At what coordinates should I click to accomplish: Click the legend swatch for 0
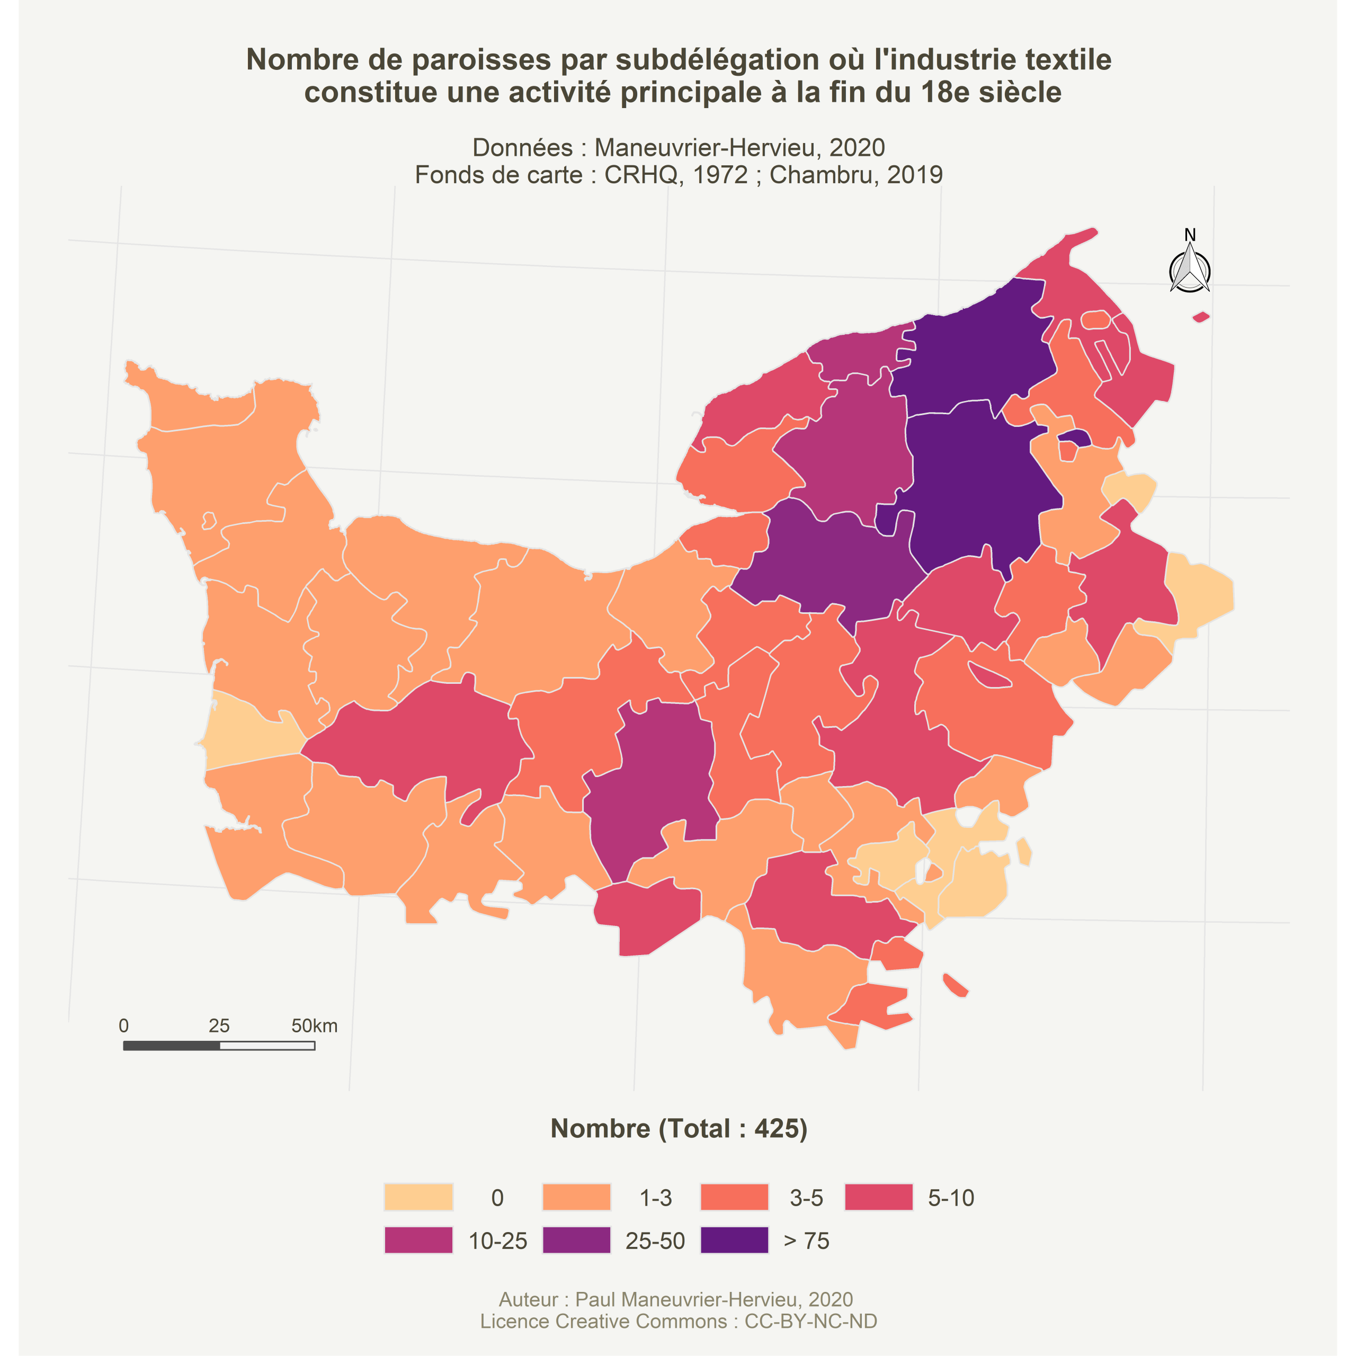[418, 1197]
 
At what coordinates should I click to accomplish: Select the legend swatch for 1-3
[576, 1197]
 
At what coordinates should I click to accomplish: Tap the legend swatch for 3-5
[734, 1197]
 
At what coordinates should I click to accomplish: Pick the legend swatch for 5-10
[879, 1197]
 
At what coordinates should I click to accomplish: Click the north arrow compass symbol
[1190, 270]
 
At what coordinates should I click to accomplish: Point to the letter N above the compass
[1190, 235]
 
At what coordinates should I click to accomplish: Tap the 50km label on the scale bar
[315, 1026]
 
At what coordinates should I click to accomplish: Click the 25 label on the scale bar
[219, 1026]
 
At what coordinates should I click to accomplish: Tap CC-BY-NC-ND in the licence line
[810, 1321]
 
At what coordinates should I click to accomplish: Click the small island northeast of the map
[1201, 317]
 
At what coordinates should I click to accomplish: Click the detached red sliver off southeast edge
[955, 985]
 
